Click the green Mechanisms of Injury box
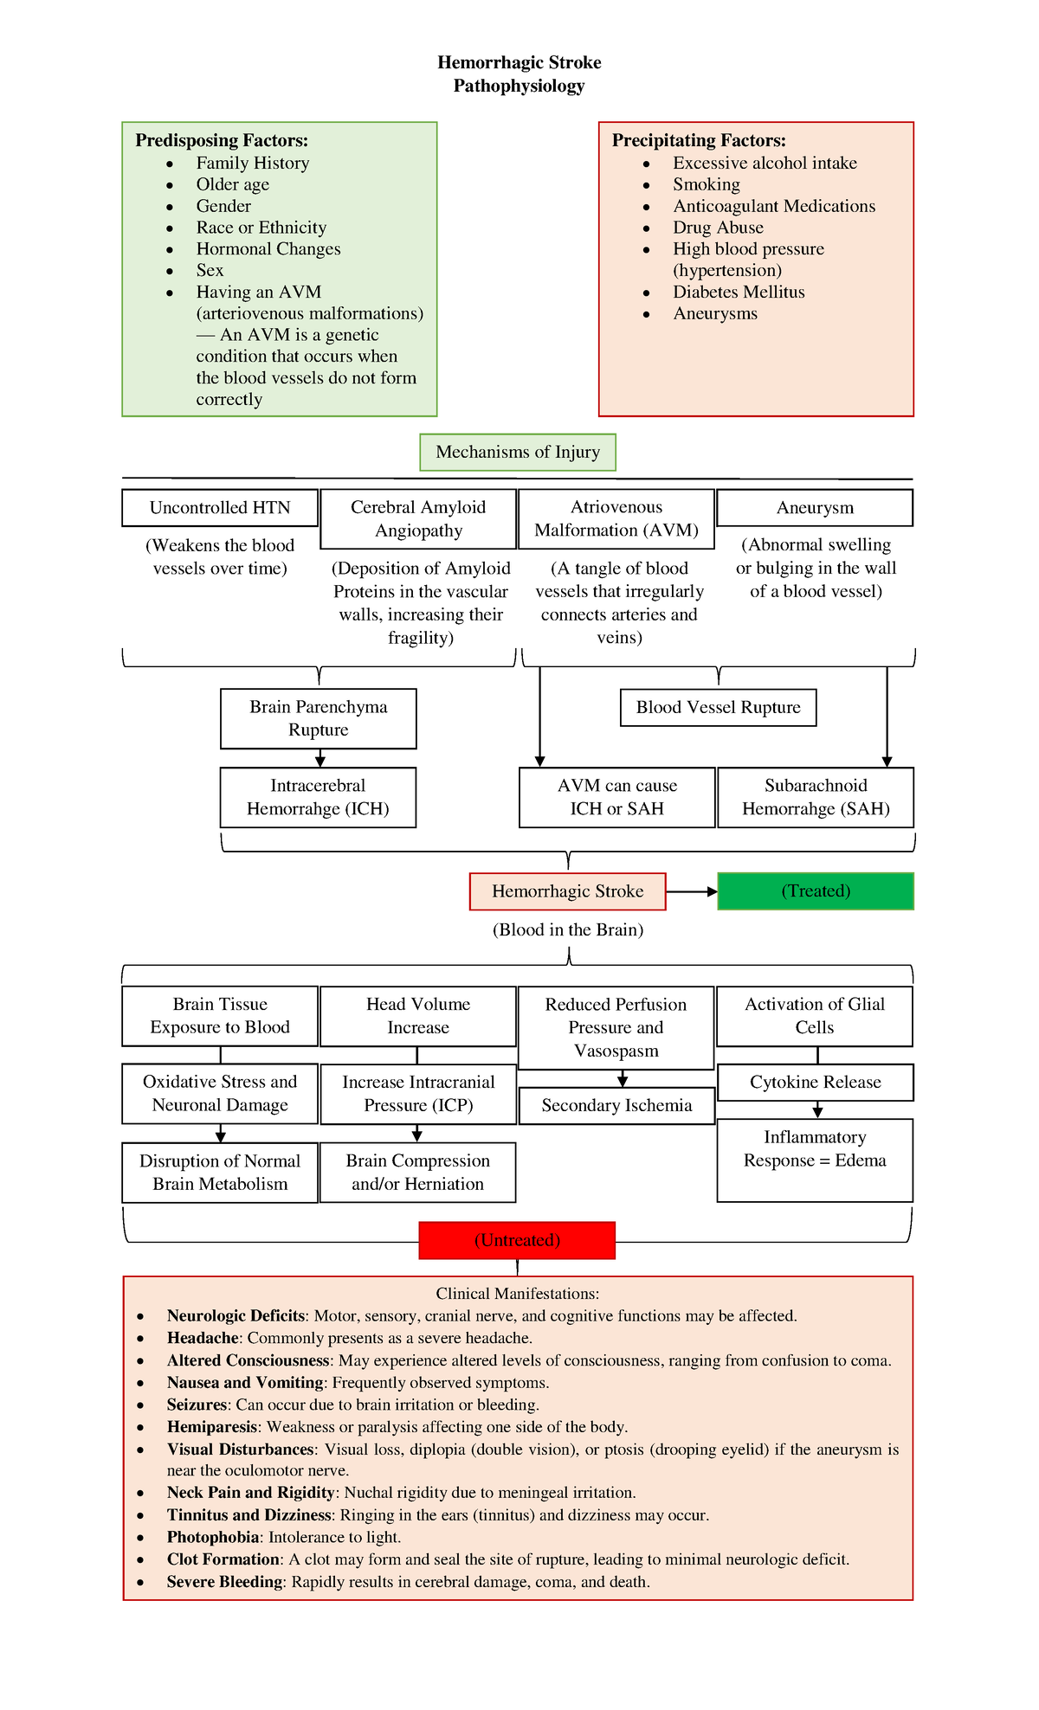[518, 452]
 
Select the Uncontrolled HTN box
[220, 508]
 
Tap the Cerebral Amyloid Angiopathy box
[418, 518]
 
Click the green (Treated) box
[816, 891]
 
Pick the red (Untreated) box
[517, 1240]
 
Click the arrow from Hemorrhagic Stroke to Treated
[691, 891]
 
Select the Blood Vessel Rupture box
[718, 707]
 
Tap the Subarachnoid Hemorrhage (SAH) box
[816, 797]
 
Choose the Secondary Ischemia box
[616, 1105]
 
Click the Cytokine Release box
[815, 1082]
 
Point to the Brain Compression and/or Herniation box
[417, 1172]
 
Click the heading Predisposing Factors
[222, 140]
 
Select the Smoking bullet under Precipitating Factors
[707, 184]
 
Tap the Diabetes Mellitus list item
[739, 292]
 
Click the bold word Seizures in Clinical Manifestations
[197, 1405]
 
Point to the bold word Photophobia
[213, 1537]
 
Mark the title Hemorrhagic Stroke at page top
[519, 62]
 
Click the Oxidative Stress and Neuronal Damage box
[220, 1093]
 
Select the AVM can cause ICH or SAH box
[616, 797]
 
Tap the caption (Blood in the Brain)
[568, 929]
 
